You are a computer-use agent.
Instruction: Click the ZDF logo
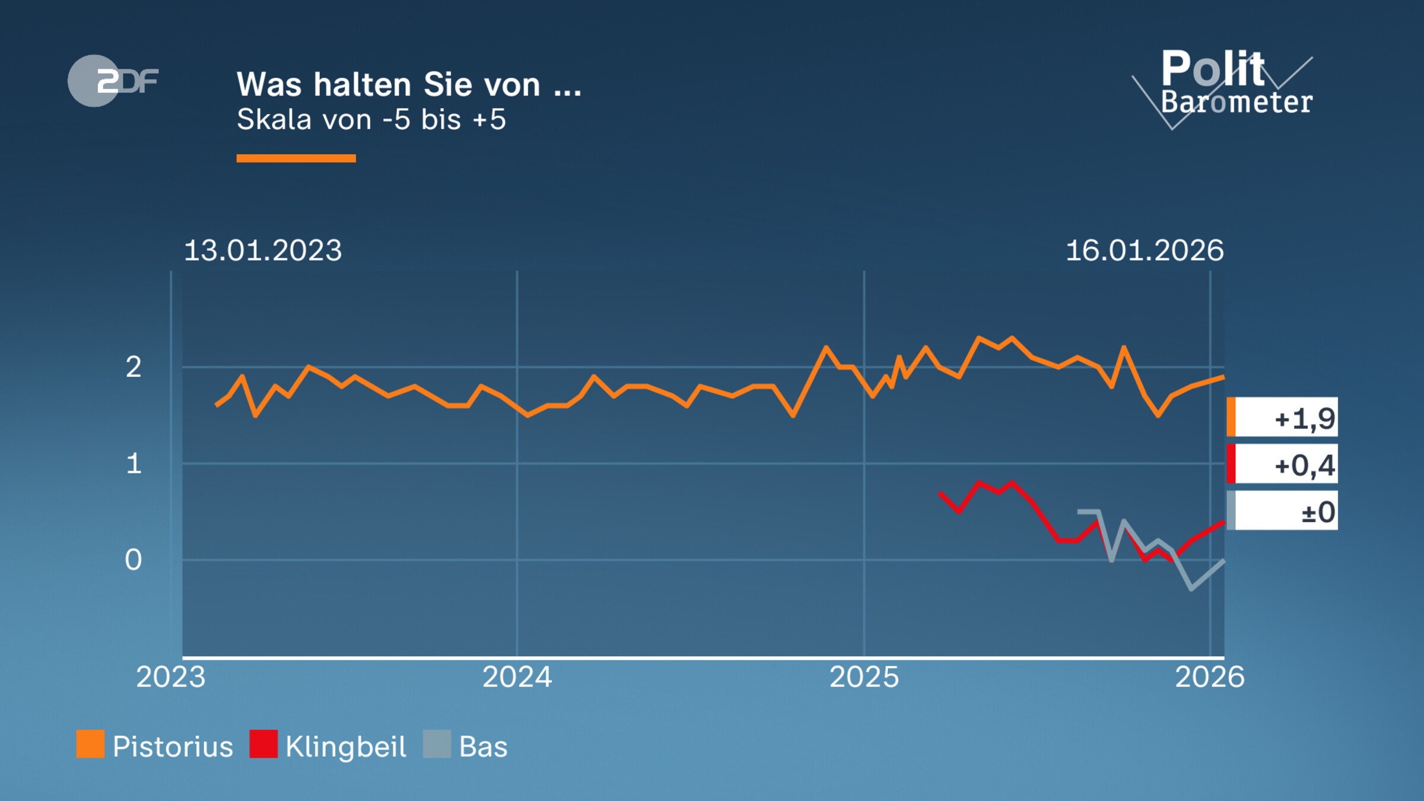pyautogui.click(x=113, y=81)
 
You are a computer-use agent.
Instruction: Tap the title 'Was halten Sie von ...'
pyautogui.click(x=408, y=84)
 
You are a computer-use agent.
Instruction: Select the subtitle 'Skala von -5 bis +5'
pyautogui.click(x=371, y=119)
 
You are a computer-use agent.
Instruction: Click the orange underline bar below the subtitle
pyautogui.click(x=295, y=158)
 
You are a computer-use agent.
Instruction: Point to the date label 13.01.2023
pyautogui.click(x=263, y=250)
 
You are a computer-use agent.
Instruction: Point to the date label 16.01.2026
pyautogui.click(x=1144, y=250)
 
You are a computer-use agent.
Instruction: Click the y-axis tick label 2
pyautogui.click(x=133, y=367)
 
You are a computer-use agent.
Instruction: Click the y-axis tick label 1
pyautogui.click(x=134, y=463)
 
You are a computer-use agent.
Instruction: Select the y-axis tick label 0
pyautogui.click(x=133, y=560)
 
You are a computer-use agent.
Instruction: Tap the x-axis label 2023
pyautogui.click(x=170, y=677)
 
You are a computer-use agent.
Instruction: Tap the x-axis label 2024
pyautogui.click(x=517, y=677)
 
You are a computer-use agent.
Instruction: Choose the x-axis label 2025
pyautogui.click(x=864, y=677)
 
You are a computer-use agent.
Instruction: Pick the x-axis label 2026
pyautogui.click(x=1209, y=677)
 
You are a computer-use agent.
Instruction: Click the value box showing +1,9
pyautogui.click(x=1282, y=417)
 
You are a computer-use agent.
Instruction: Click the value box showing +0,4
pyautogui.click(x=1282, y=464)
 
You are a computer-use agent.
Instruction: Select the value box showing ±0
pyautogui.click(x=1282, y=511)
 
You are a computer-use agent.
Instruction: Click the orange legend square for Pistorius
pyautogui.click(x=90, y=744)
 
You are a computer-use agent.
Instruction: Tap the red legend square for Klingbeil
pyautogui.click(x=263, y=744)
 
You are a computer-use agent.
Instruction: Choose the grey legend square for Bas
pyautogui.click(x=437, y=744)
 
